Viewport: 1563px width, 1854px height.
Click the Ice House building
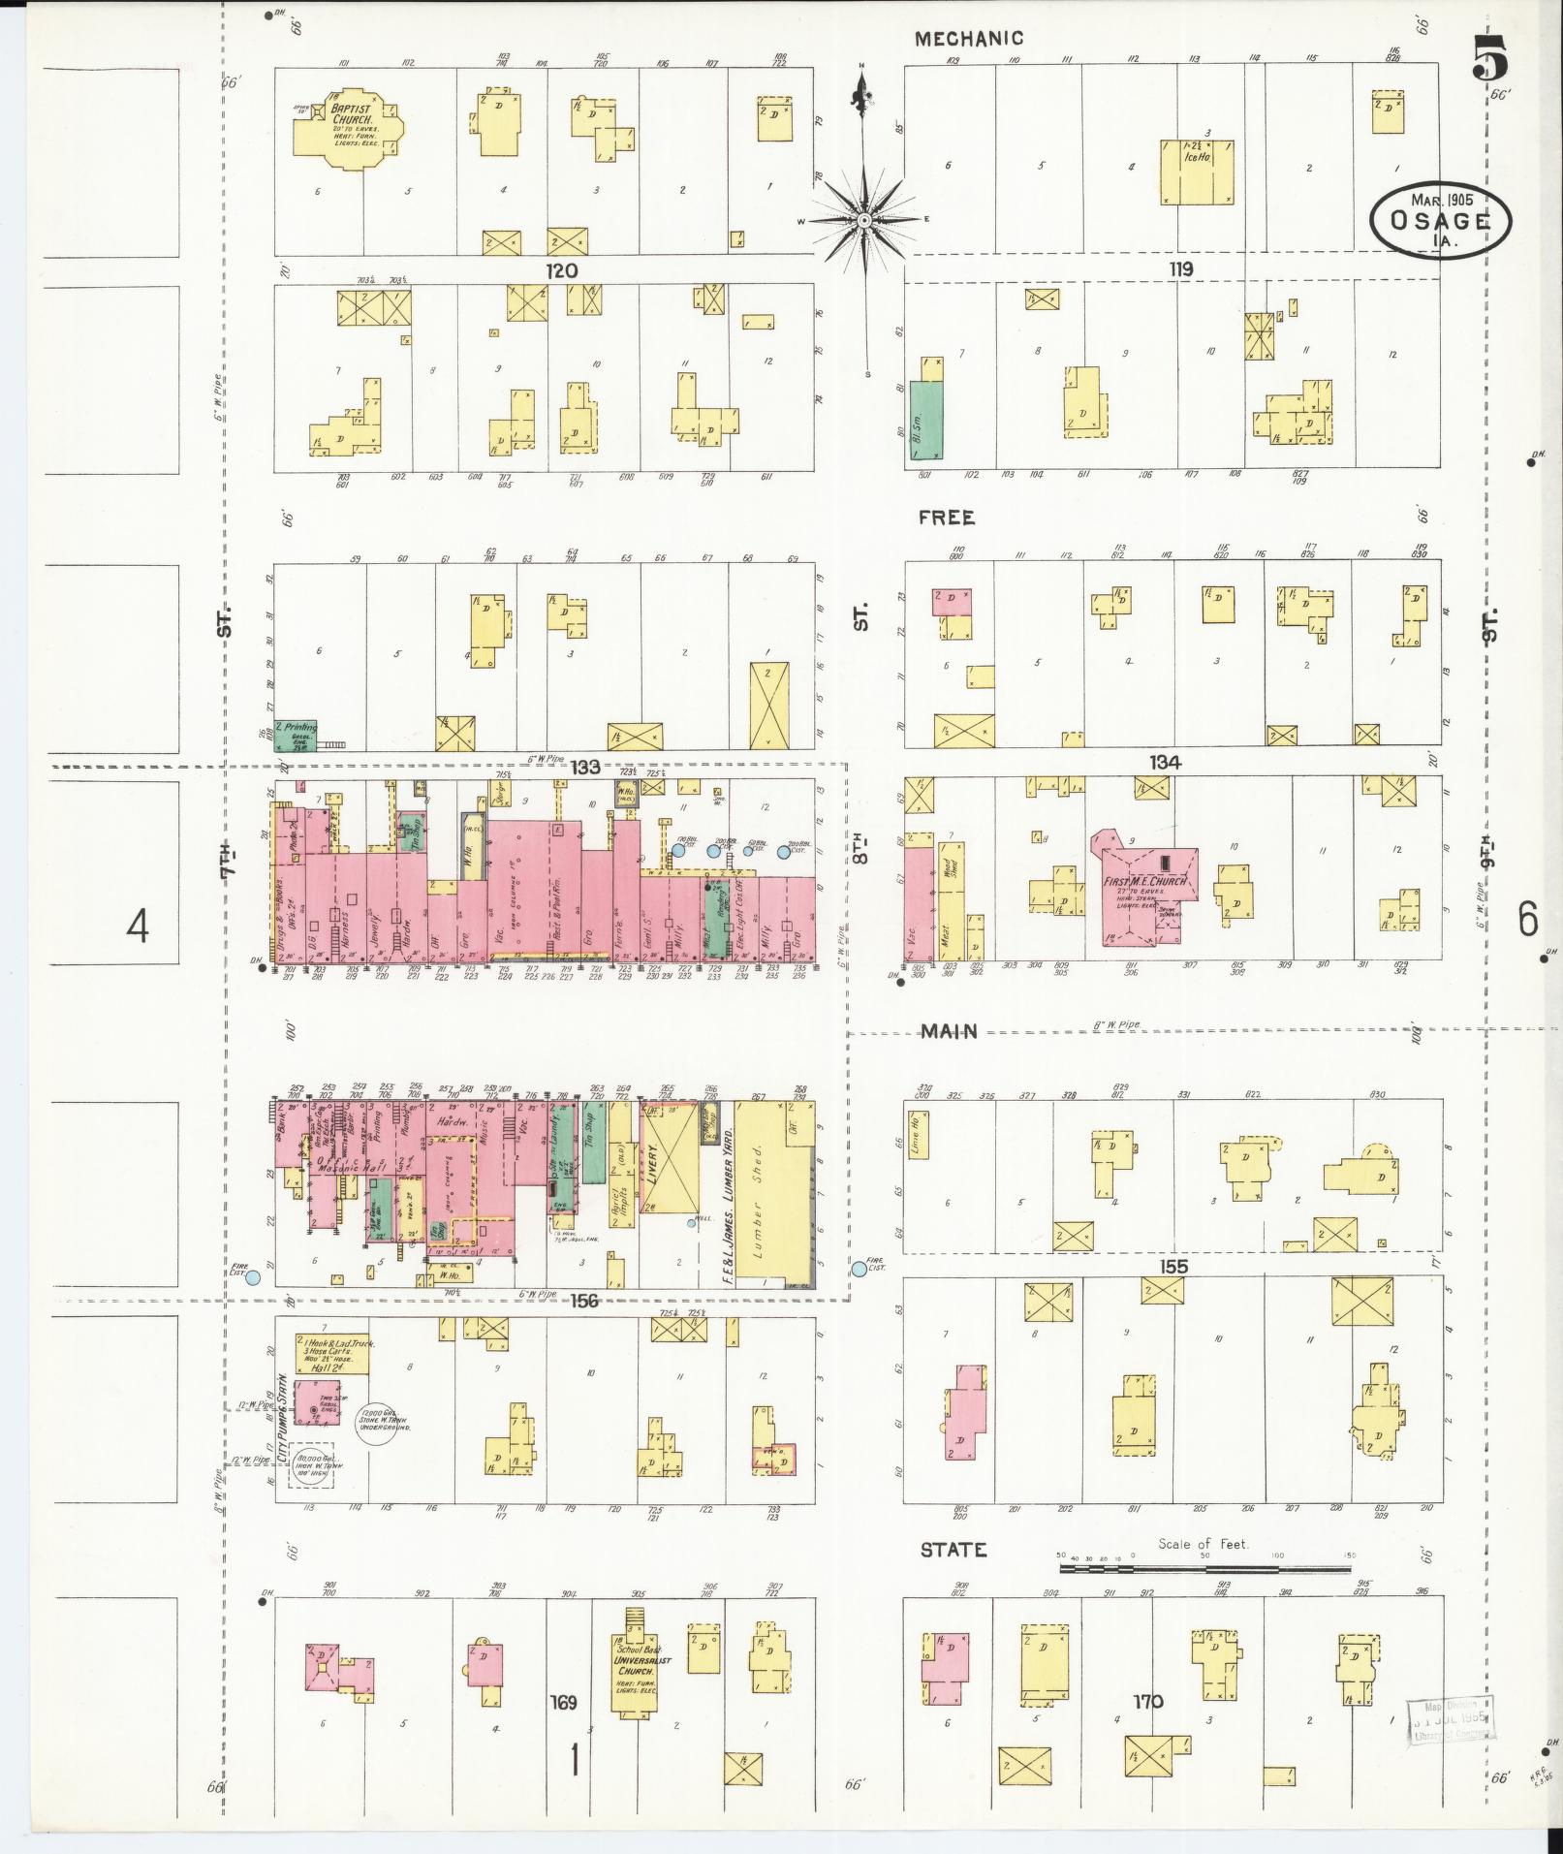[1198, 172]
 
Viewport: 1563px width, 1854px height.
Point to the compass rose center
[862, 220]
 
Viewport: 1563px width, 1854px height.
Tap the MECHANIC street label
[969, 39]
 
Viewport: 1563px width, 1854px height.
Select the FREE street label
[948, 518]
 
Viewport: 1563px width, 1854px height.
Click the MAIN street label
[949, 1032]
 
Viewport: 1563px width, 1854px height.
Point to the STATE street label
[953, 1551]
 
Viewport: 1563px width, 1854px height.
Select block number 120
[561, 270]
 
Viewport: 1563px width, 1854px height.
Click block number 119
[1180, 269]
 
